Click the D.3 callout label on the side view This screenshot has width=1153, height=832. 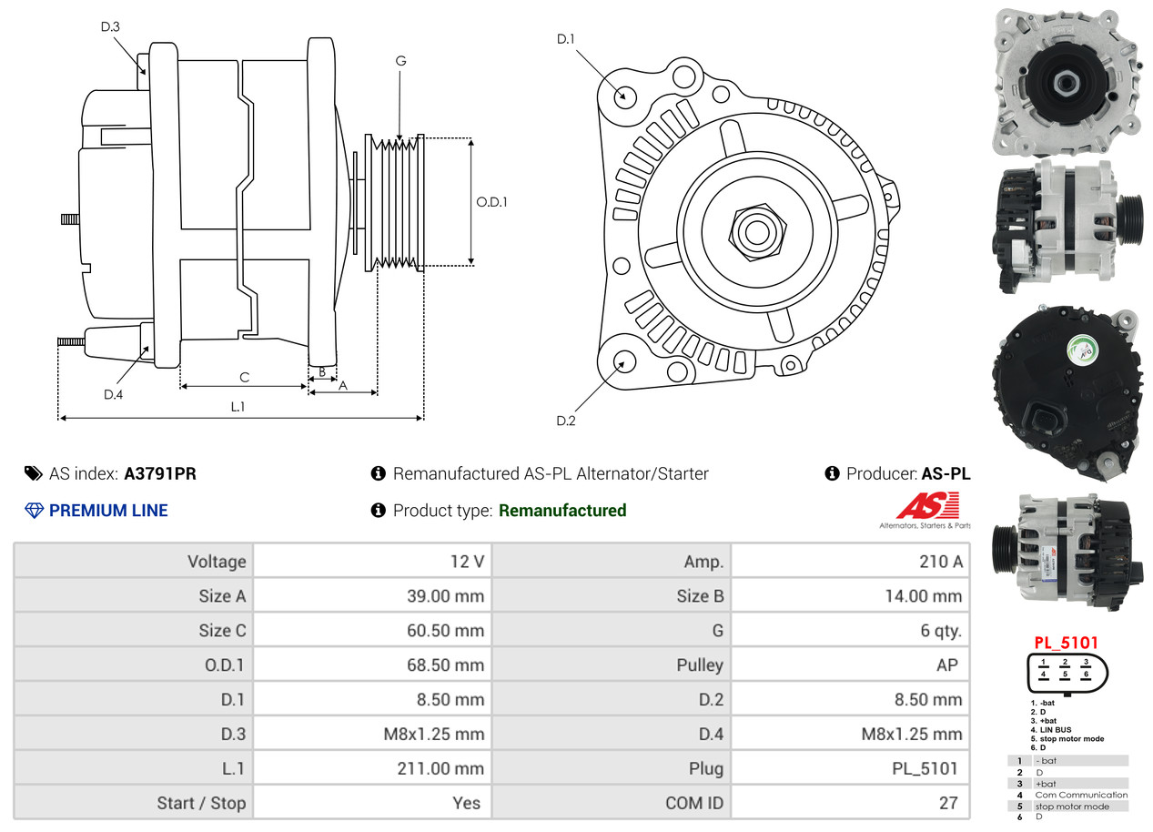click(x=110, y=26)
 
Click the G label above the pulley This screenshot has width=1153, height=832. click(x=400, y=61)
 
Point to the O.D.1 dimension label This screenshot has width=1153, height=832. click(x=491, y=201)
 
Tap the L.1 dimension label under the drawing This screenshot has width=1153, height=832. click(x=238, y=407)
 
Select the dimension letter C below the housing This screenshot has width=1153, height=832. click(x=244, y=376)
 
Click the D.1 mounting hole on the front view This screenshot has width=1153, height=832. click(x=624, y=96)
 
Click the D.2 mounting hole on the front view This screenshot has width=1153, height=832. click(x=623, y=362)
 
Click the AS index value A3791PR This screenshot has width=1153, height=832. click(x=160, y=473)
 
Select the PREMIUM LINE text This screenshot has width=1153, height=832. click(x=108, y=511)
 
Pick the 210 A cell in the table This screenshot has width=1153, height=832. click(x=940, y=562)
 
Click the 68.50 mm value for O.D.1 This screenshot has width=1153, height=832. click(x=445, y=665)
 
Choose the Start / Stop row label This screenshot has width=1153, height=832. click(x=201, y=803)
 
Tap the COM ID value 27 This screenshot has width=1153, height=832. click(x=948, y=803)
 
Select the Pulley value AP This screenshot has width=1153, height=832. click(x=946, y=665)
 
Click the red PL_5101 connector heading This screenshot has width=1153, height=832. click(x=1066, y=642)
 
